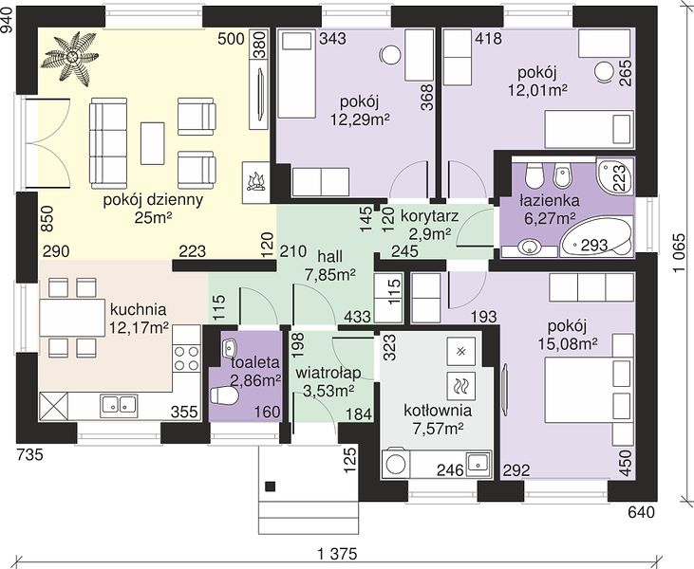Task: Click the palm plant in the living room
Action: (x=70, y=57)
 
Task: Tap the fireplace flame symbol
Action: (x=255, y=182)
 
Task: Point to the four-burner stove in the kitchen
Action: (x=186, y=358)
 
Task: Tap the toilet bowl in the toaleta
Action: (x=223, y=395)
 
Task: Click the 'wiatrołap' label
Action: (x=328, y=373)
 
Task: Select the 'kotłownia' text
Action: (x=438, y=411)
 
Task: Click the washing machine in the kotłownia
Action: (x=396, y=463)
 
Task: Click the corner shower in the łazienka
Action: (x=615, y=175)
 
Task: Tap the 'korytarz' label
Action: (x=429, y=216)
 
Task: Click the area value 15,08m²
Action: (x=568, y=343)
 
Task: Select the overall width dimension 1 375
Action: (x=337, y=554)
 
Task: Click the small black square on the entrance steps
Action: (x=270, y=486)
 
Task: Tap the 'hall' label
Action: (x=329, y=256)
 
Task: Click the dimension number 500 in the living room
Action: (x=231, y=39)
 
